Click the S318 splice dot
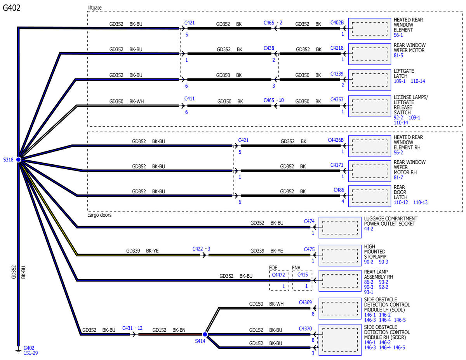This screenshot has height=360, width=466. pyautogui.click(x=18, y=160)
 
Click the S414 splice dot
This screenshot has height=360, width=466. pyautogui.click(x=205, y=334)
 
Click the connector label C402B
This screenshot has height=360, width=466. pyautogui.click(x=337, y=23)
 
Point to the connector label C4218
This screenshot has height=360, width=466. pyautogui.click(x=337, y=48)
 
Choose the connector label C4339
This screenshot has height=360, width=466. pyautogui.click(x=337, y=74)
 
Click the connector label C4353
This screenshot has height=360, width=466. pyautogui.click(x=337, y=99)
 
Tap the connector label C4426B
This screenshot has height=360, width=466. pyautogui.click(x=336, y=140)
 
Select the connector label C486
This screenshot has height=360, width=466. pyautogui.click(x=339, y=190)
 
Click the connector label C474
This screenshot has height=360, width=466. pyautogui.click(x=309, y=221)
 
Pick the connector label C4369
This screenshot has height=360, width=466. pyautogui.click(x=305, y=302)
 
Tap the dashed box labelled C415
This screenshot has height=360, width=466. pyautogui.click(x=303, y=280)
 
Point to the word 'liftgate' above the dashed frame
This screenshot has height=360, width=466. pyautogui.click(x=96, y=7)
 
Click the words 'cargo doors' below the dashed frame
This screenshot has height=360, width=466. pyautogui.click(x=100, y=215)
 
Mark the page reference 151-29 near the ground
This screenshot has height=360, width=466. pyautogui.click(x=31, y=353)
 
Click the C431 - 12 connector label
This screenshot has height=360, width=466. pyautogui.click(x=132, y=328)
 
